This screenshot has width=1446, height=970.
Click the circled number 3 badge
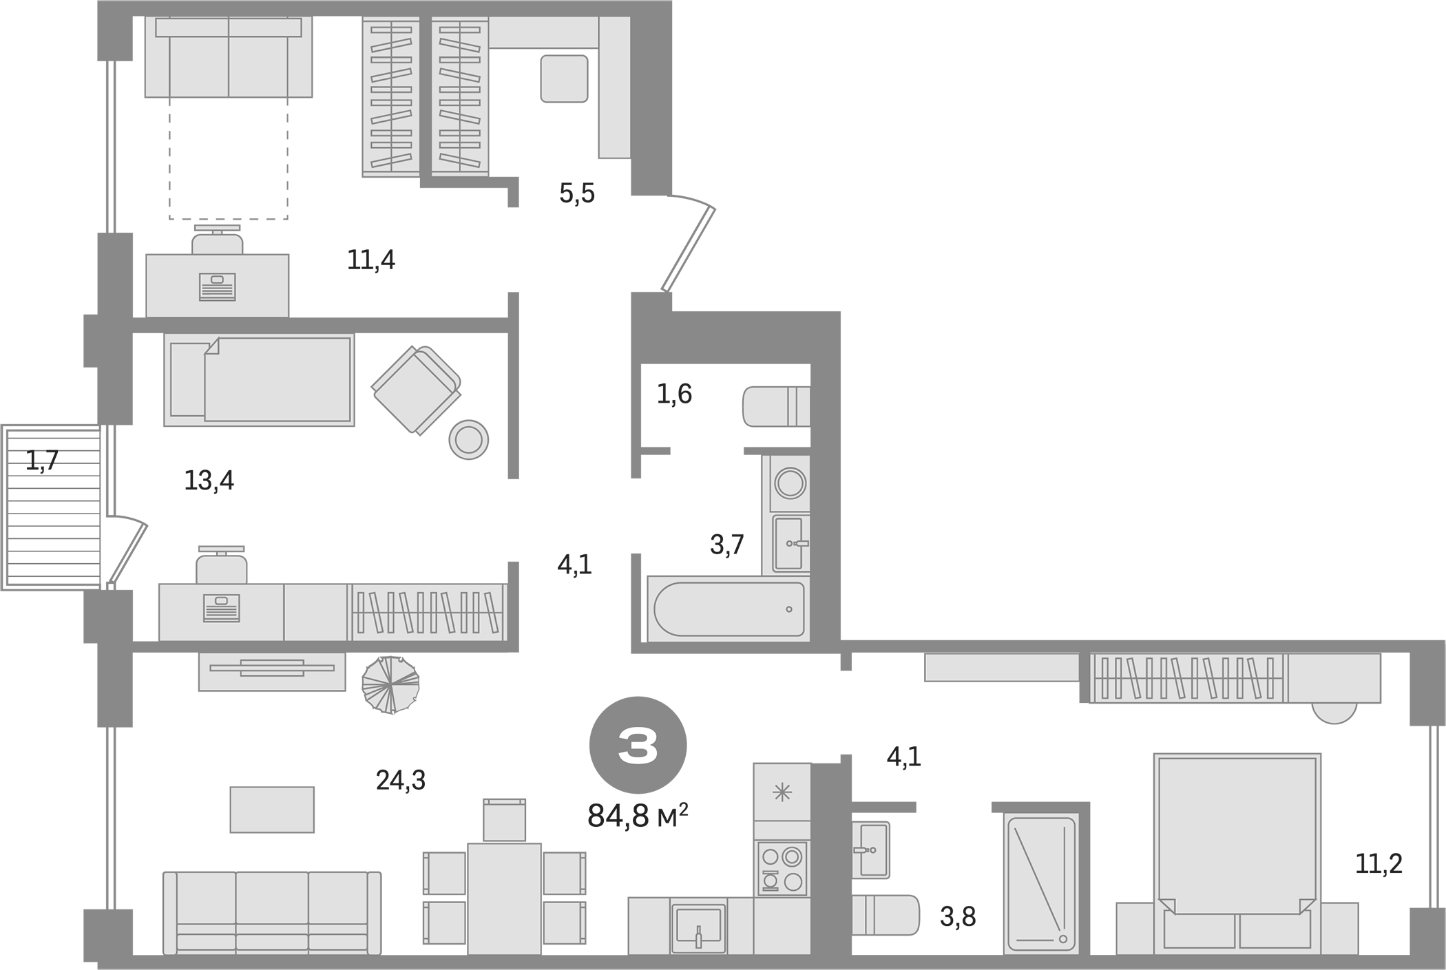638,746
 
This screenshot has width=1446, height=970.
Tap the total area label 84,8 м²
637,816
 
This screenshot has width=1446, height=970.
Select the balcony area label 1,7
42,461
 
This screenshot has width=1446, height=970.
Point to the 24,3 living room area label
401,781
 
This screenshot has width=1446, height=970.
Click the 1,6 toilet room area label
674,394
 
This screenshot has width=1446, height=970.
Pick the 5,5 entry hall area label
576,194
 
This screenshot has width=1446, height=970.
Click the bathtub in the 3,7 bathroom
728,609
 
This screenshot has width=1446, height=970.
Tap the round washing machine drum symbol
790,483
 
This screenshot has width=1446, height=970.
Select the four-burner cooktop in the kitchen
782,869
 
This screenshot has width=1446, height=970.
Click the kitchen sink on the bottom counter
698,926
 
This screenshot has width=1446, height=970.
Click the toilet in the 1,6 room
775,407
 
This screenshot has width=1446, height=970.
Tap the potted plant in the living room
390,685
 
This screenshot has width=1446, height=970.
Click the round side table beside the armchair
468,439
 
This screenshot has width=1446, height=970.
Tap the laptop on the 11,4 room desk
217,286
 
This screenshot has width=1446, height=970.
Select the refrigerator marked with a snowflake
782,792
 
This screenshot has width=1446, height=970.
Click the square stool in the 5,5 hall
564,78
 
